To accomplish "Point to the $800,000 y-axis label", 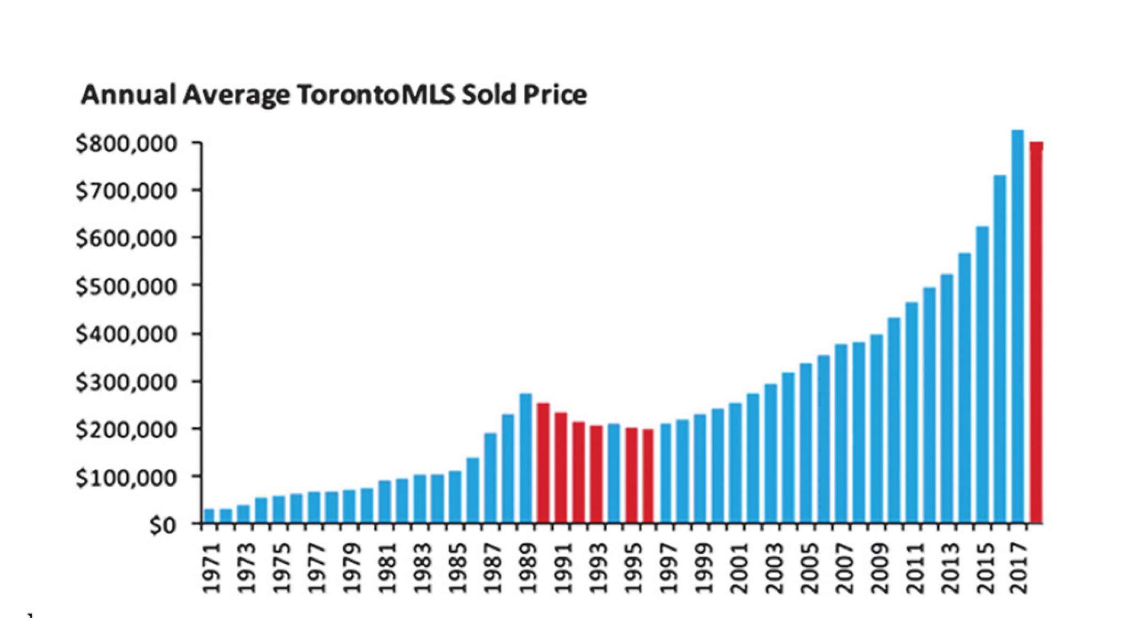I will click(132, 144).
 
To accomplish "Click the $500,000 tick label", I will click(132, 286).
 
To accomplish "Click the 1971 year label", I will click(211, 568).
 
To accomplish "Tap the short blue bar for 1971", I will click(209, 516).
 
